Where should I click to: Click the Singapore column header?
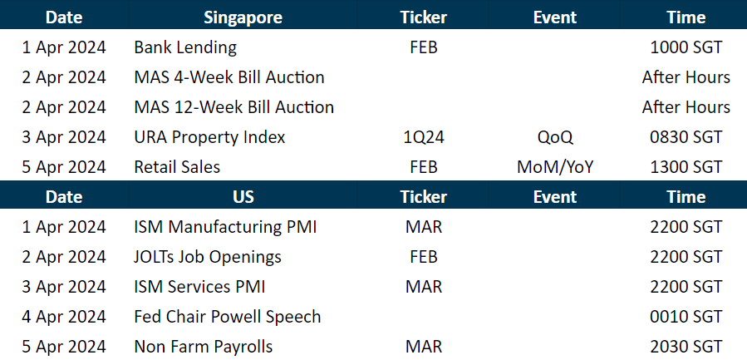click(243, 17)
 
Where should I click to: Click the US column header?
click(243, 197)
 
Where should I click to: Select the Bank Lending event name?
click(185, 47)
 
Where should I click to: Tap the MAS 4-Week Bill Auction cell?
click(229, 77)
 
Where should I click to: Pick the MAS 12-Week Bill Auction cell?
click(233, 107)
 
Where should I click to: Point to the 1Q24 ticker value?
click(423, 137)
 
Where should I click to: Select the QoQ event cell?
click(555, 137)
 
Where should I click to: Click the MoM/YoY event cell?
click(555, 167)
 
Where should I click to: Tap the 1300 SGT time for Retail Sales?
click(686, 167)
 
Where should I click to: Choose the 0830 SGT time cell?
click(686, 137)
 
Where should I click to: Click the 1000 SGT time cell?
click(686, 47)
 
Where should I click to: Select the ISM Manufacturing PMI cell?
click(225, 227)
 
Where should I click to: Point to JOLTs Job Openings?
click(208, 257)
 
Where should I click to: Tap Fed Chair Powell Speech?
click(227, 317)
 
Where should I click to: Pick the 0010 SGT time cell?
click(686, 317)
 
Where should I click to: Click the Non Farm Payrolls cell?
click(203, 347)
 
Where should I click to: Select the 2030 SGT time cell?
click(686, 347)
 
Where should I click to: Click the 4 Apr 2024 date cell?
click(64, 317)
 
